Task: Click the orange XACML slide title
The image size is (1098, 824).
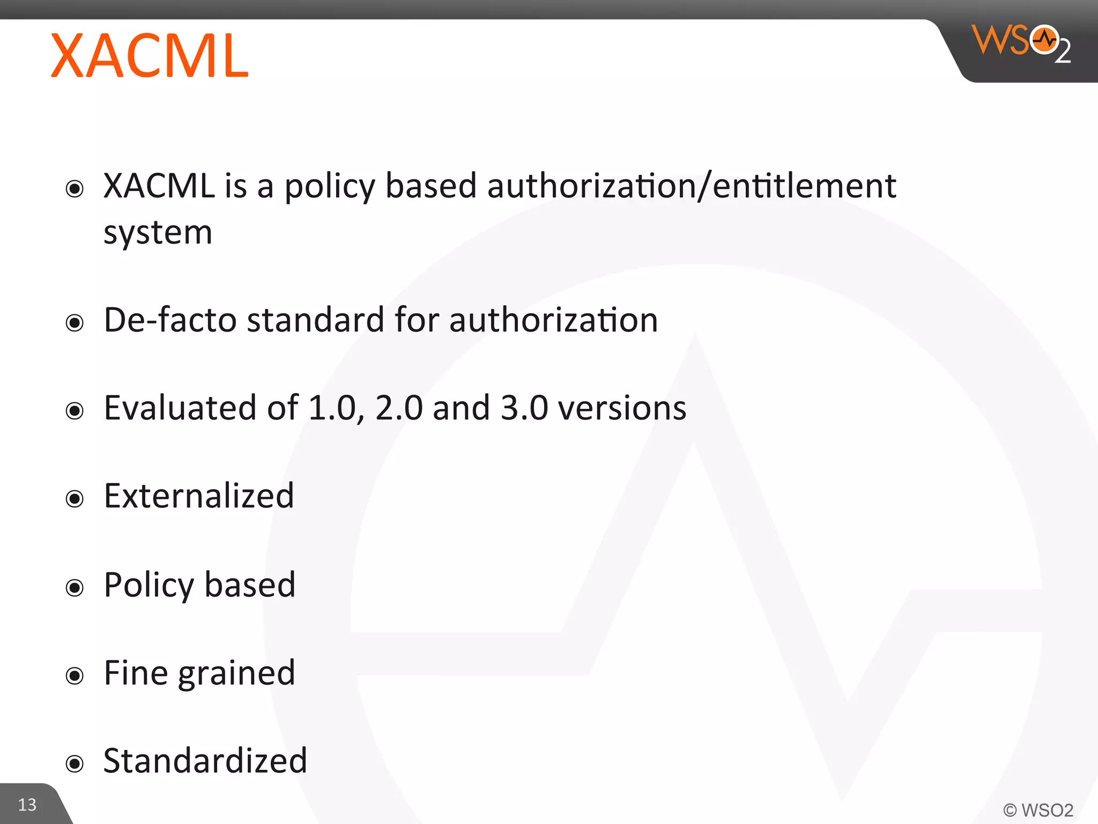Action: click(150, 56)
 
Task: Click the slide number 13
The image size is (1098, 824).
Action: click(27, 805)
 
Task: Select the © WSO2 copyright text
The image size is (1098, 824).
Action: click(1038, 810)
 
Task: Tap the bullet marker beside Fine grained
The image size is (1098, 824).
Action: click(75, 675)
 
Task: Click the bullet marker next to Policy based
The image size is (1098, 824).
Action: click(75, 587)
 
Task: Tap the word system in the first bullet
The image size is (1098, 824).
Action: click(158, 233)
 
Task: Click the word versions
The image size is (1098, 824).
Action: click(622, 408)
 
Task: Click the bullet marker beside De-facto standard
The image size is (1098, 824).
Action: click(75, 323)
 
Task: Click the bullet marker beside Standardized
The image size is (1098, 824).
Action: click(75, 763)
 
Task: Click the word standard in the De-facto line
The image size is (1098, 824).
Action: click(316, 320)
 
